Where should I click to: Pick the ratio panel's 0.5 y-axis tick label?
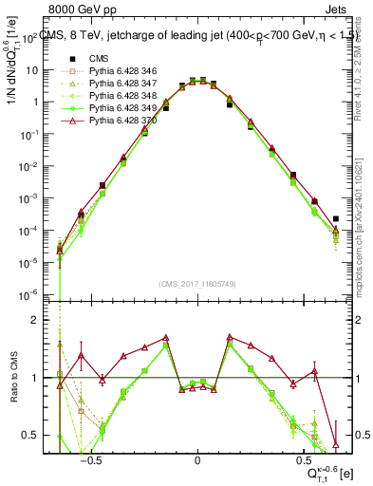click(47, 435)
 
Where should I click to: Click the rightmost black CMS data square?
click(336, 218)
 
